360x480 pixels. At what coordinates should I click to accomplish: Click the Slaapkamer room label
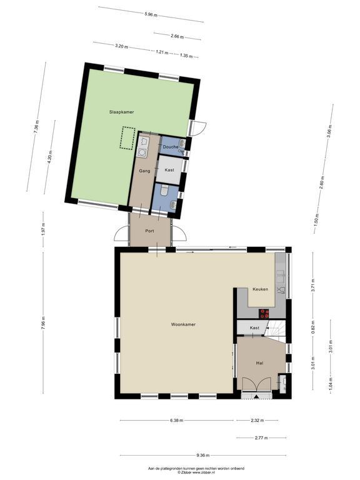point(121,112)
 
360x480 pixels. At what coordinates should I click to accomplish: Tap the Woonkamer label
point(183,324)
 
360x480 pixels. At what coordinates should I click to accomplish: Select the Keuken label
point(260,289)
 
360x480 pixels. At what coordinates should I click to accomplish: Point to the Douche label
point(170,147)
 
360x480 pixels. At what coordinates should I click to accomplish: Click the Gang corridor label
point(144,171)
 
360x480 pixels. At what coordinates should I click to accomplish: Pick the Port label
point(150,231)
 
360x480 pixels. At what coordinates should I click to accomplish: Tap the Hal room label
point(259,363)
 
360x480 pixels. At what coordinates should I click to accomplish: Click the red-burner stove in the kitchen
point(264,314)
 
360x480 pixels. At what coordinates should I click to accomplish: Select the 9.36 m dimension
point(203,455)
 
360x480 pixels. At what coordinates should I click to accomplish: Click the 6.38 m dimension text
point(177,420)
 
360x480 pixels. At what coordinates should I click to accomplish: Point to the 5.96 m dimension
point(150,14)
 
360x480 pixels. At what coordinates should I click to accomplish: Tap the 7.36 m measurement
point(37,126)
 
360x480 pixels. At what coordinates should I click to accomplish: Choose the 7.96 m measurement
point(43,322)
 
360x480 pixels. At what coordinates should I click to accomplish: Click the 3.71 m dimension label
point(312,285)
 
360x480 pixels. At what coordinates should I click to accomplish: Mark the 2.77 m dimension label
point(261,437)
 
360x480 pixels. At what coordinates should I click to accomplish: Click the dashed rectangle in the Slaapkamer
point(127,137)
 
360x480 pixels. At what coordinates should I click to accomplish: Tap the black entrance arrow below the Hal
point(256,397)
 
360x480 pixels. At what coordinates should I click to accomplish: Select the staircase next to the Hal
point(276,331)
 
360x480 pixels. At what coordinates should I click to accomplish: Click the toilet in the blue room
point(164,190)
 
